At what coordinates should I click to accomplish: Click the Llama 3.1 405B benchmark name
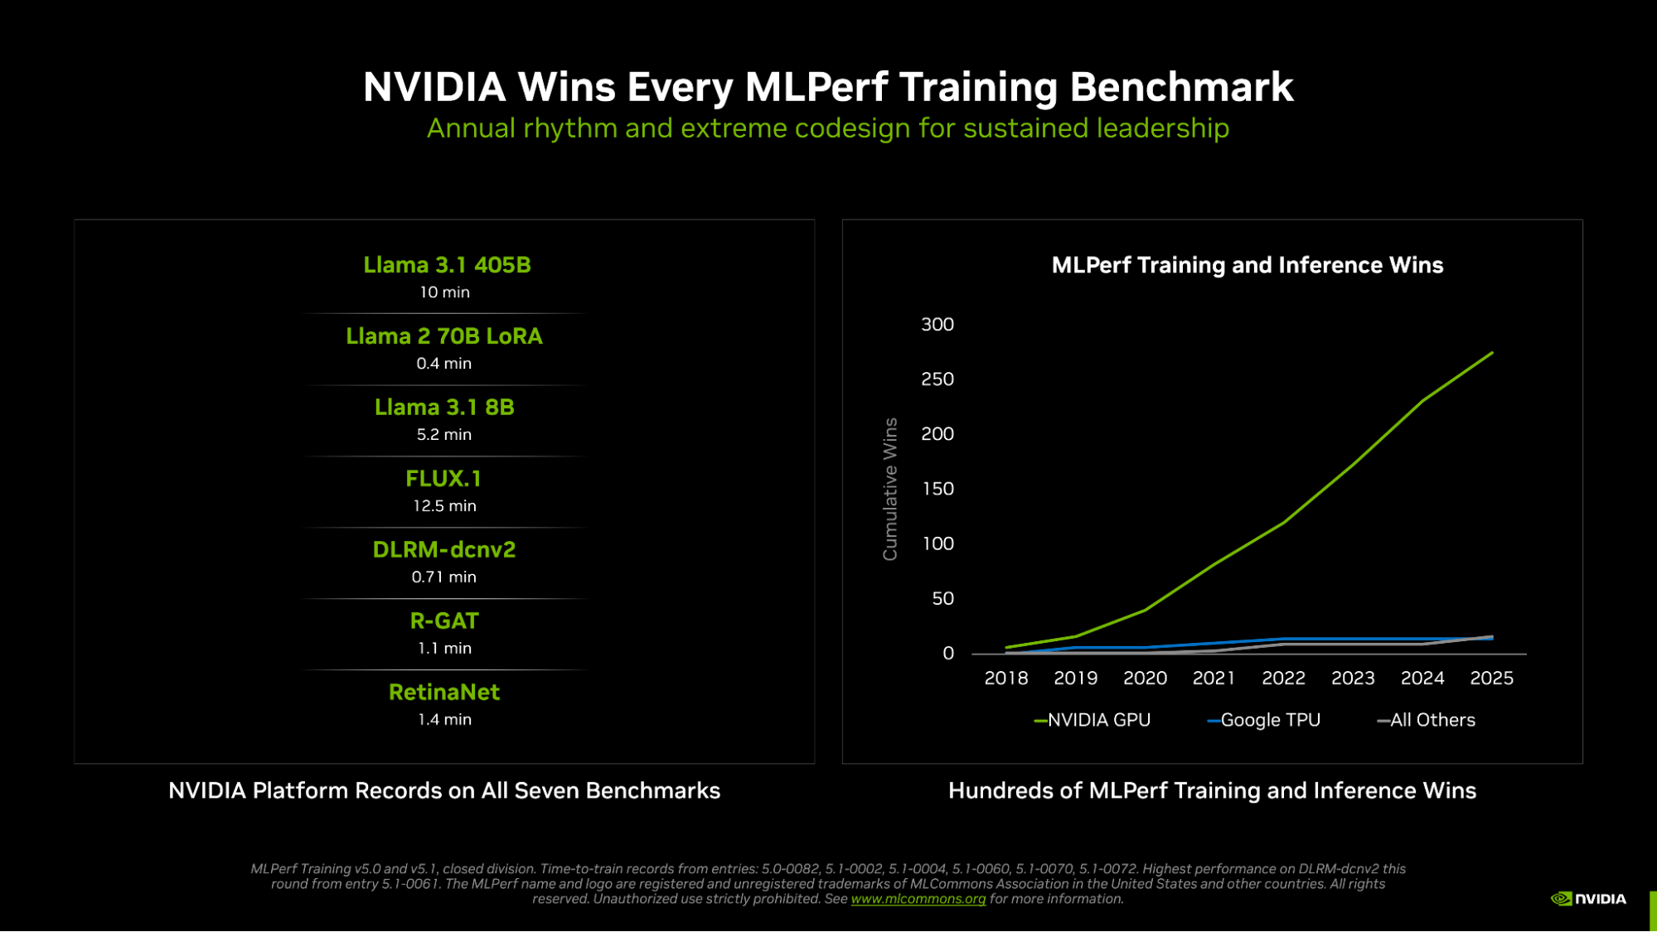point(447,265)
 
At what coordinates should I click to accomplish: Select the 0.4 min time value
point(443,364)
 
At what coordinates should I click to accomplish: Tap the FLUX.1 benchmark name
point(443,479)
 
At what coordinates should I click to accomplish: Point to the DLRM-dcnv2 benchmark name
point(443,550)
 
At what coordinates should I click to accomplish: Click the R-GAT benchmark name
point(443,621)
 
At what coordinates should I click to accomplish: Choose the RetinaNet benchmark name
point(443,693)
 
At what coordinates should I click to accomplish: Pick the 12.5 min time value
point(444,506)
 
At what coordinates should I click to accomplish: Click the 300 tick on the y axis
point(937,325)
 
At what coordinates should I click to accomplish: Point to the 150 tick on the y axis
point(937,489)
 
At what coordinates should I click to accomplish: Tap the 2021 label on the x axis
point(1214,678)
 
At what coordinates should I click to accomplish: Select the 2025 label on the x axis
point(1491,678)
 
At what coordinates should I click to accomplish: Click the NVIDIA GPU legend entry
point(1093,721)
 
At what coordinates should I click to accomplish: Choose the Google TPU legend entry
point(1264,721)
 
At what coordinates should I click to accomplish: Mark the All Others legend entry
point(1427,721)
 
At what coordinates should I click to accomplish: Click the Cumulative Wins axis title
point(890,489)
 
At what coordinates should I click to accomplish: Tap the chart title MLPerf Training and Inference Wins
point(1247,265)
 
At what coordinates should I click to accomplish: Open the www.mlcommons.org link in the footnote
point(918,899)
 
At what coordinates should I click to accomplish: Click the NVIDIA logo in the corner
point(1588,899)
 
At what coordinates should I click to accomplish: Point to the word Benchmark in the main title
point(1181,87)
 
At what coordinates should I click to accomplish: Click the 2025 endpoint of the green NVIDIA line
point(1492,353)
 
